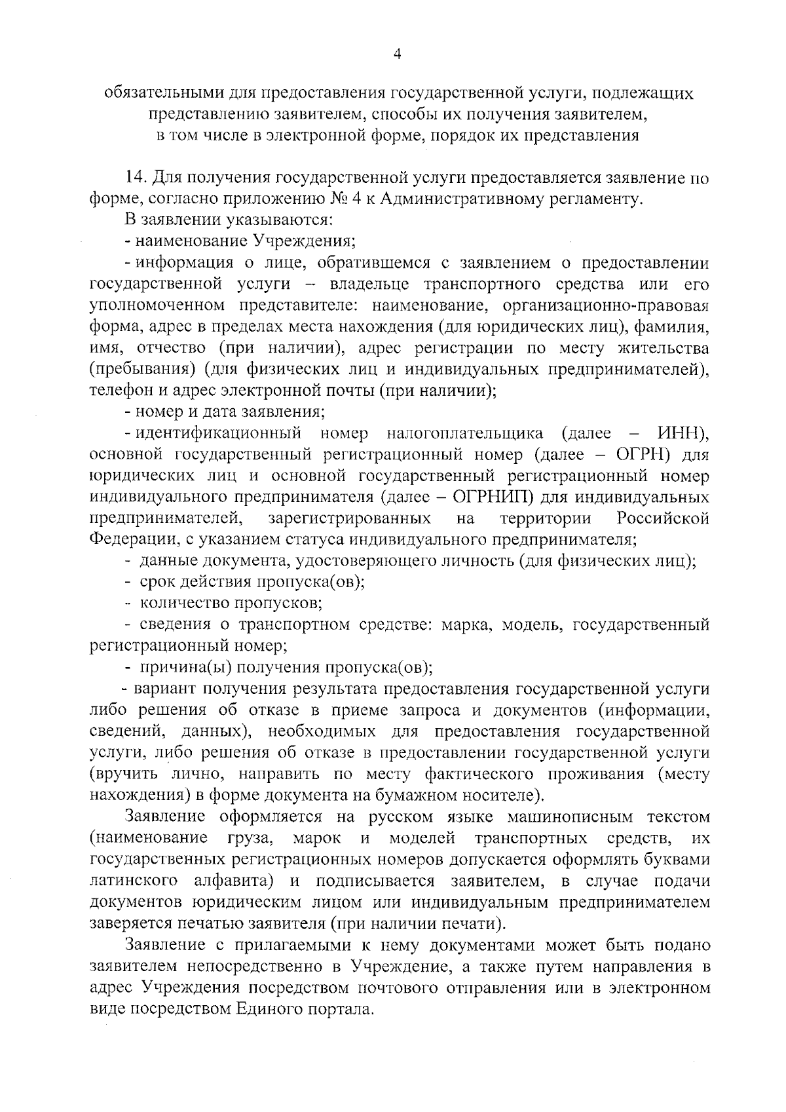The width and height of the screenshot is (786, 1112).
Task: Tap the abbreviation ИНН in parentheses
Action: (681, 433)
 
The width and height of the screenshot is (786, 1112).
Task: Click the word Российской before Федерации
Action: (663, 518)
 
